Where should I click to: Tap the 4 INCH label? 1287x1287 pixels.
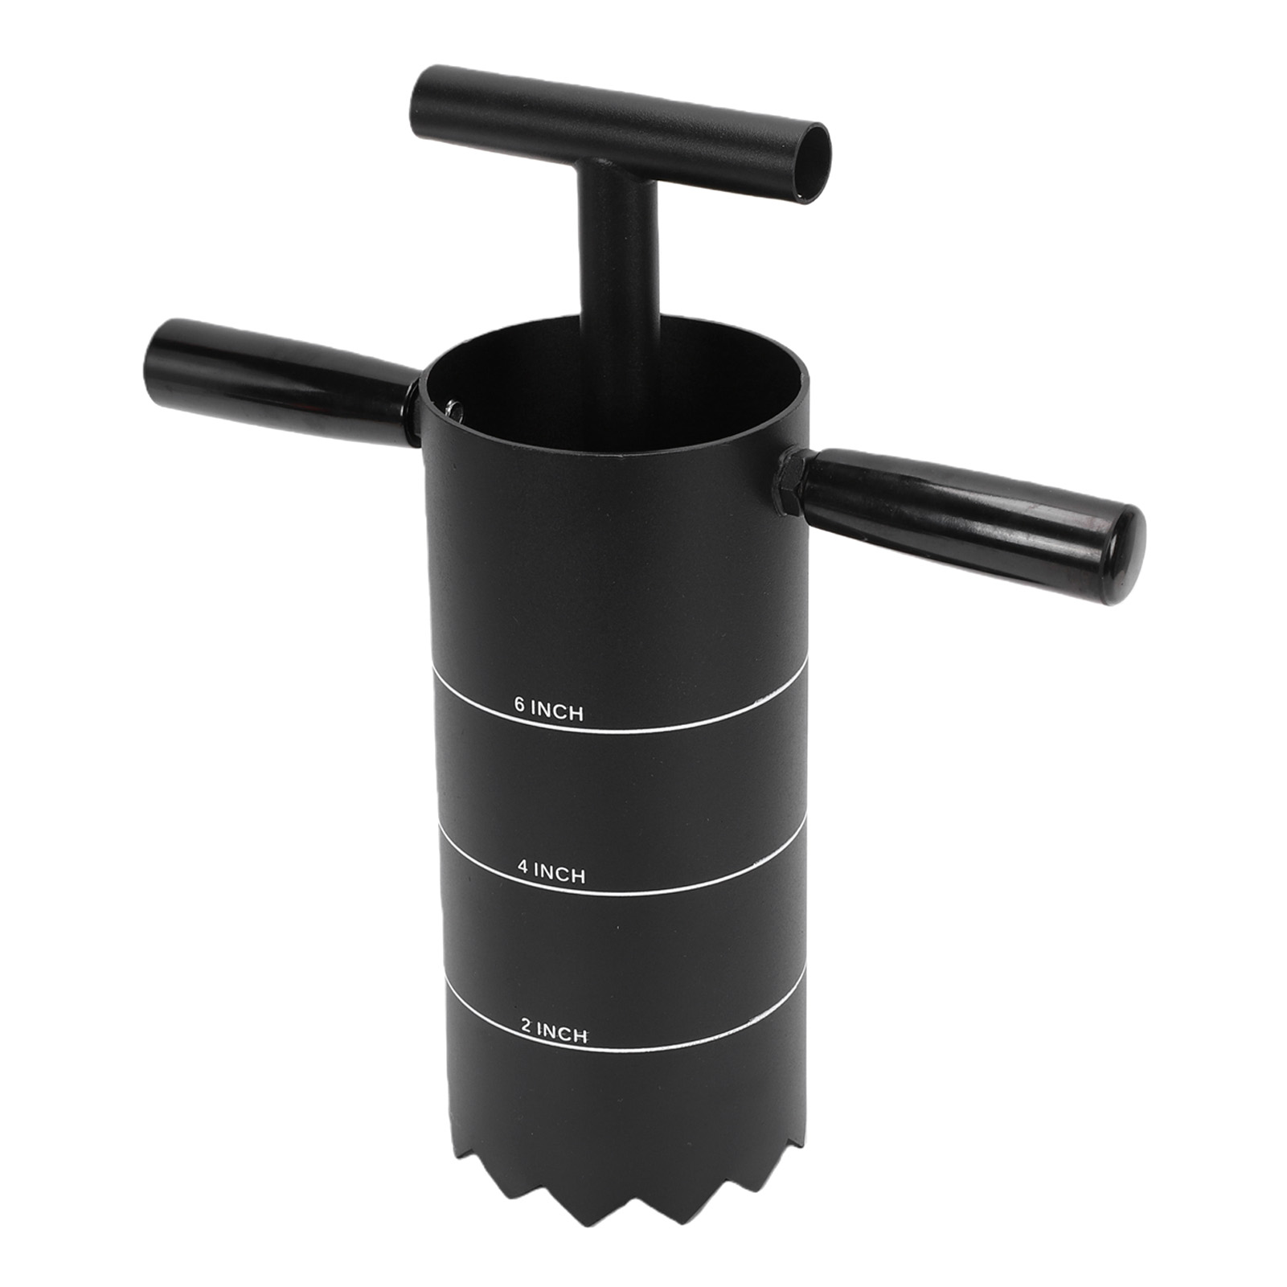(x=551, y=871)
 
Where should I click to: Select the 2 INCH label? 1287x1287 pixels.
(x=554, y=1031)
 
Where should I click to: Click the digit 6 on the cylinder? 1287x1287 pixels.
(x=520, y=705)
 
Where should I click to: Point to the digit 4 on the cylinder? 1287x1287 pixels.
(x=523, y=867)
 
